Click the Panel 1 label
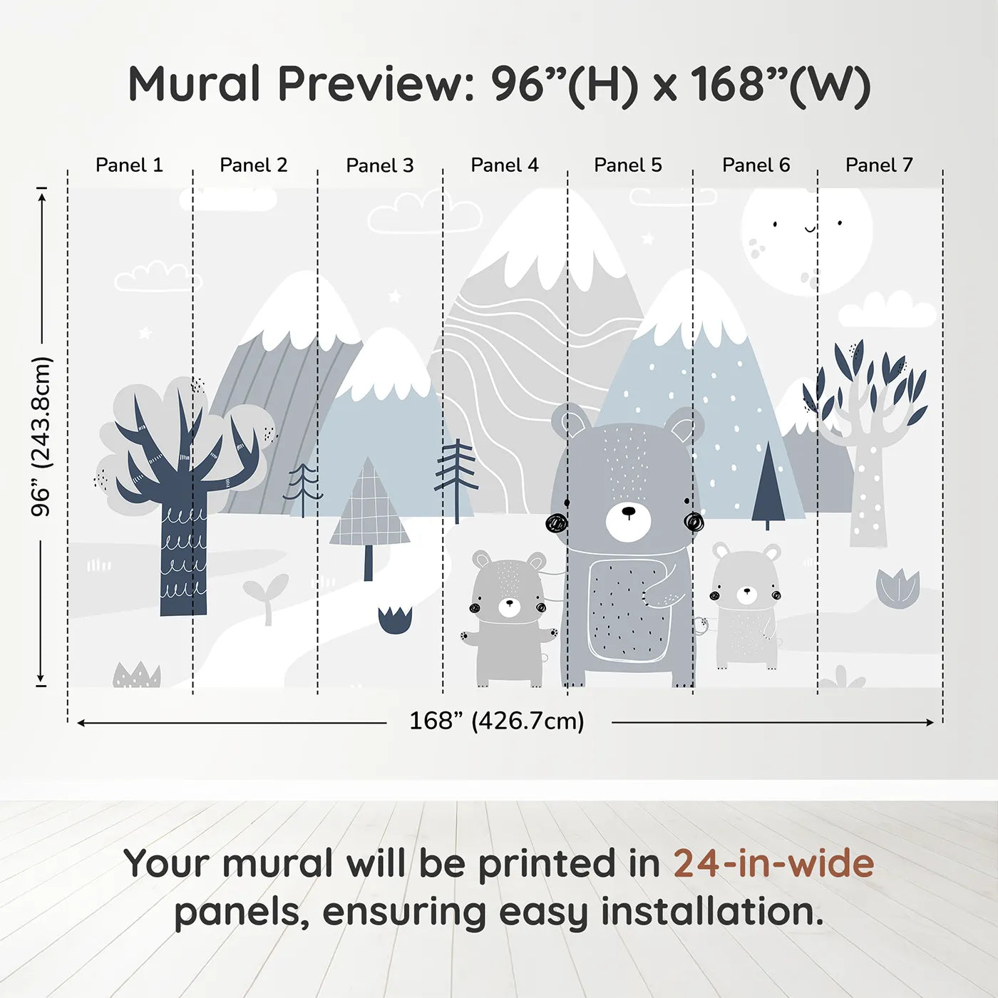coord(129,165)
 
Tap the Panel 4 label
coord(504,165)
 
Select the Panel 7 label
coord(878,165)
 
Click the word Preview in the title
coord(371,84)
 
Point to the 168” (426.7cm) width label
coord(496,721)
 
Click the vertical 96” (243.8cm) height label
coord(41,436)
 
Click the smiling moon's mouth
coord(810,229)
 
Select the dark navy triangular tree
coord(768,485)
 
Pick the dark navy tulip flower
coord(395,619)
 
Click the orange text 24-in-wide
coord(773,863)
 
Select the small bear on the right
coord(746,606)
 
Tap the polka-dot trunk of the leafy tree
coord(868,499)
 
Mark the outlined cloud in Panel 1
coord(151,277)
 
